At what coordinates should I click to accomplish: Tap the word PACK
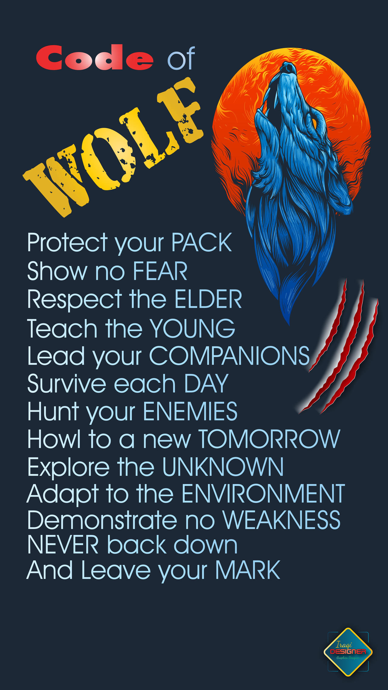[x=202, y=243]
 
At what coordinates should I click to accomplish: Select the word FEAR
[x=160, y=271]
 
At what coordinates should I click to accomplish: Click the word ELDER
[x=208, y=299]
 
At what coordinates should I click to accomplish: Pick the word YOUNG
[x=193, y=328]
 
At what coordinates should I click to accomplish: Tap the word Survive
[x=67, y=384]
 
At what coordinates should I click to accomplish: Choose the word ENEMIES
[x=190, y=411]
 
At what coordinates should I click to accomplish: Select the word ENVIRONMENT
[x=263, y=494]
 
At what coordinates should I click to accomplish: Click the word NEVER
[x=63, y=545]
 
